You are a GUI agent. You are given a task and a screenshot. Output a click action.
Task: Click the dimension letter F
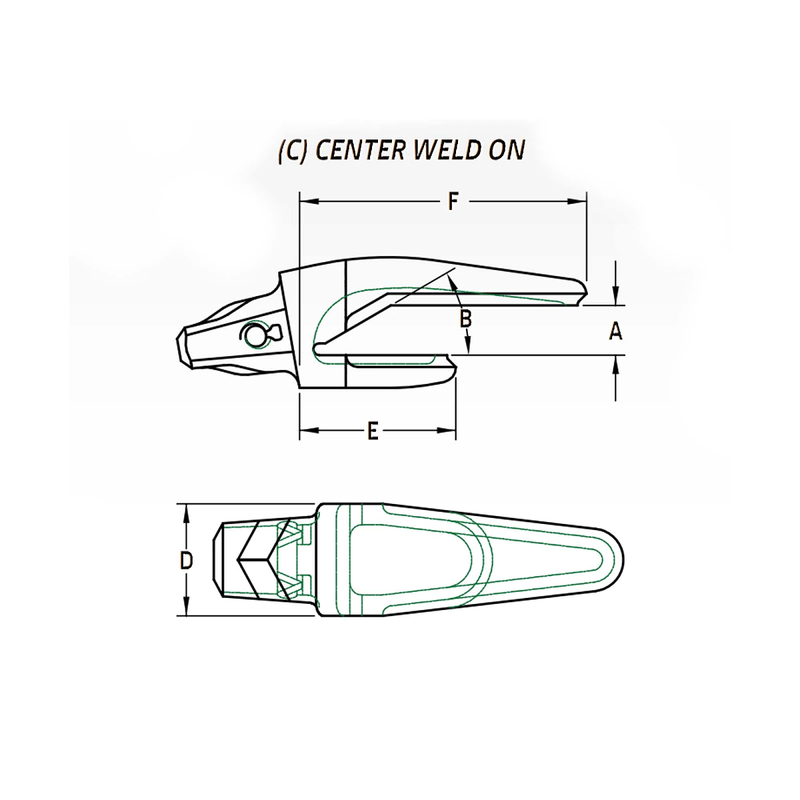point(453,201)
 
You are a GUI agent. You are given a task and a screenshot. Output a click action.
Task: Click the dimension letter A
point(615,331)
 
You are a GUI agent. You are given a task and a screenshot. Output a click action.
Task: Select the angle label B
point(466,319)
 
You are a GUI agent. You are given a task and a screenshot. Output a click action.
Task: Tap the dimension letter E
point(373,431)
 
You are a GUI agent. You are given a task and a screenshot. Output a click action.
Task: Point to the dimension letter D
point(187,561)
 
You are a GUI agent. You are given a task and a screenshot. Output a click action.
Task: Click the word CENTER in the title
point(360,151)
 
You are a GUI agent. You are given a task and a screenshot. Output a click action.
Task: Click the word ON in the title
point(507,151)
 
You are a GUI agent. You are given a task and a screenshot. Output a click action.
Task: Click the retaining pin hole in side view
point(254,335)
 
